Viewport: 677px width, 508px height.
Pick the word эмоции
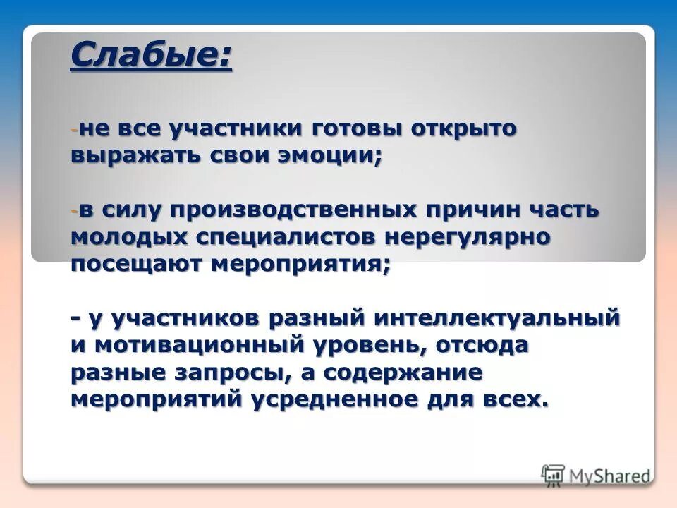point(331,156)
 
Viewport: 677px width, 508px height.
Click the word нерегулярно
point(467,237)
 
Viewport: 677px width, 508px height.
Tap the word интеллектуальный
point(498,318)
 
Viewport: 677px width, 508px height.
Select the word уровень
point(366,345)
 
